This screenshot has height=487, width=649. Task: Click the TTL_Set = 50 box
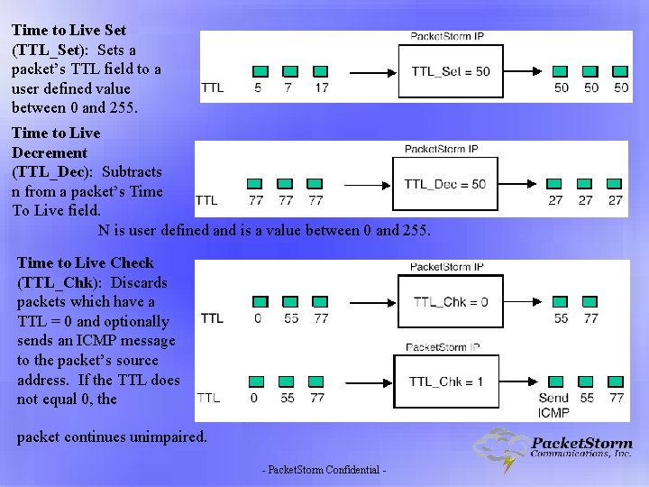(x=451, y=71)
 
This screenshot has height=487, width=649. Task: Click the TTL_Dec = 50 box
(x=444, y=184)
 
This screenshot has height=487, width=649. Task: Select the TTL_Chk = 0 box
(x=451, y=302)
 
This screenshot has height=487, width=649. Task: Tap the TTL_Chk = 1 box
(x=446, y=381)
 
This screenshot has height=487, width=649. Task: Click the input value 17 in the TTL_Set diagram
(x=322, y=87)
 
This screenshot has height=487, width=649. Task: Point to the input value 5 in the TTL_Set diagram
(x=259, y=87)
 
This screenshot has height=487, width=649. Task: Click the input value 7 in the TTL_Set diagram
(x=288, y=87)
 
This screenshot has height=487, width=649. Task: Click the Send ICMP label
(x=553, y=405)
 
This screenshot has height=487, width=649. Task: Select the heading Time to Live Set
(x=69, y=30)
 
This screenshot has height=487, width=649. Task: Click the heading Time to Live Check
(x=86, y=262)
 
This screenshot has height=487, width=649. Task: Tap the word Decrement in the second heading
(x=50, y=152)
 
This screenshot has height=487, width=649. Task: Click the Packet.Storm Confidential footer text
(x=324, y=471)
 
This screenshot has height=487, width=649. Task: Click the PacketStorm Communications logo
(x=553, y=449)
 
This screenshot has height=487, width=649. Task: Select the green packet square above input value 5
(x=259, y=71)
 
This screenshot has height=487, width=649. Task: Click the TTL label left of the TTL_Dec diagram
(x=206, y=200)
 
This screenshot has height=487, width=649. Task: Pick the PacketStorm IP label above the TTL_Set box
(x=447, y=36)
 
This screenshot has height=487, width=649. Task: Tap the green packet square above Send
(x=553, y=381)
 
